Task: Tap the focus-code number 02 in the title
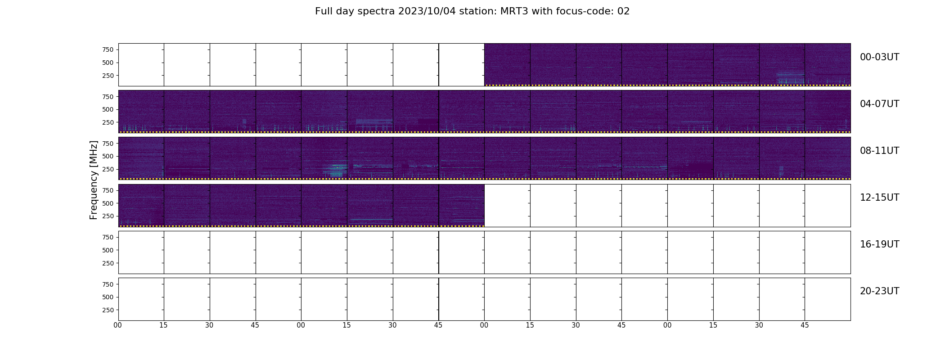click(623, 11)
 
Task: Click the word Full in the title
click(324, 11)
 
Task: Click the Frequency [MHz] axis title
click(94, 180)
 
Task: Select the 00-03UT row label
click(879, 57)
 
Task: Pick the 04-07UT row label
click(879, 104)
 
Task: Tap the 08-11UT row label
click(879, 151)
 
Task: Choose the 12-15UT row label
click(879, 198)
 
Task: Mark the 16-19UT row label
click(879, 244)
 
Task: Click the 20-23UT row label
click(879, 291)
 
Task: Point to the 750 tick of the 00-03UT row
click(108, 49)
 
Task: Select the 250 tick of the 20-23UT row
click(108, 310)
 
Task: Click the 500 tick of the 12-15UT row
click(108, 203)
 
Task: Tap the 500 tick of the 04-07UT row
click(108, 109)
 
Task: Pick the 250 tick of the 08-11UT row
click(108, 169)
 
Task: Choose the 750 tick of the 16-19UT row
click(108, 237)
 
